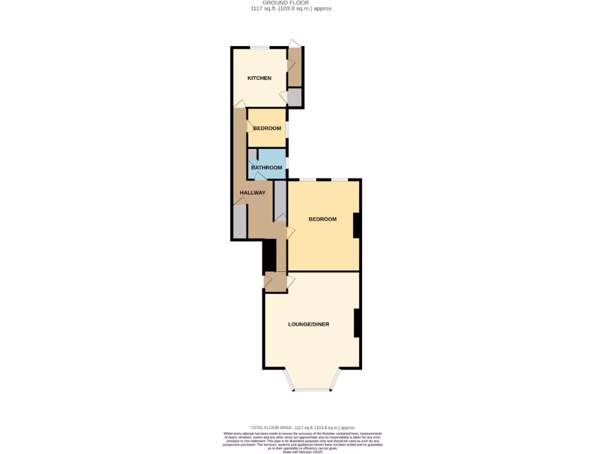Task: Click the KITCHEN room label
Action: coord(259,78)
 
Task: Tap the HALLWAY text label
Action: coord(252,193)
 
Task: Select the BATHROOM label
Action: coord(266,167)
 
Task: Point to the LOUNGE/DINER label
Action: coord(308,324)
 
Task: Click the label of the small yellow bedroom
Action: coord(267,128)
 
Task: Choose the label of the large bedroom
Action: coord(323,219)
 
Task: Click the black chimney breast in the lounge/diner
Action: coord(357,323)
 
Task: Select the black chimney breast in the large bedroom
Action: coord(356,225)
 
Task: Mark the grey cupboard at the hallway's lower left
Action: coord(239,222)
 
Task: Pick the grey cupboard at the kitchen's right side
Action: coord(294,96)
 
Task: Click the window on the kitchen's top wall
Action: coord(260,47)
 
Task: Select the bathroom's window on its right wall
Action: coord(288,163)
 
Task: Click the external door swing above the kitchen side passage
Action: coord(294,43)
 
